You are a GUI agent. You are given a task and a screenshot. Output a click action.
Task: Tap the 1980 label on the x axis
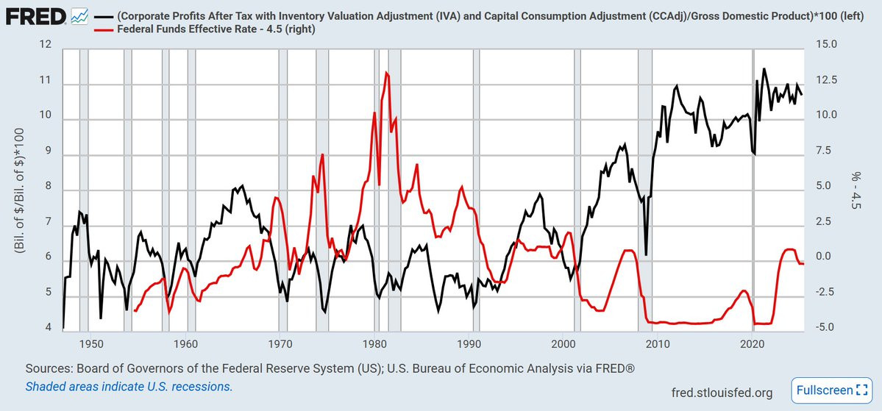pos(374,344)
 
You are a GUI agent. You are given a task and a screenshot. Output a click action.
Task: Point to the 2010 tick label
pos(658,344)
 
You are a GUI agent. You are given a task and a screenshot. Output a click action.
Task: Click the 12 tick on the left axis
pos(46,46)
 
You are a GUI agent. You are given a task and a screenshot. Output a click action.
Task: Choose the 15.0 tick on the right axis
pos(827,46)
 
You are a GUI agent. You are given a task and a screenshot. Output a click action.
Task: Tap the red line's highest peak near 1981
pos(387,72)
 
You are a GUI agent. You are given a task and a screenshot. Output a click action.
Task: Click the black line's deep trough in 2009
pos(646,254)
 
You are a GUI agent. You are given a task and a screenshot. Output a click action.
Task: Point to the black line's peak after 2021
pos(764,68)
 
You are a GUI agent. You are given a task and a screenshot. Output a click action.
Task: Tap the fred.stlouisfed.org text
pos(722,393)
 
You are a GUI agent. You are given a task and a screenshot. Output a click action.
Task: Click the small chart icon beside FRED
pos(80,15)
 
